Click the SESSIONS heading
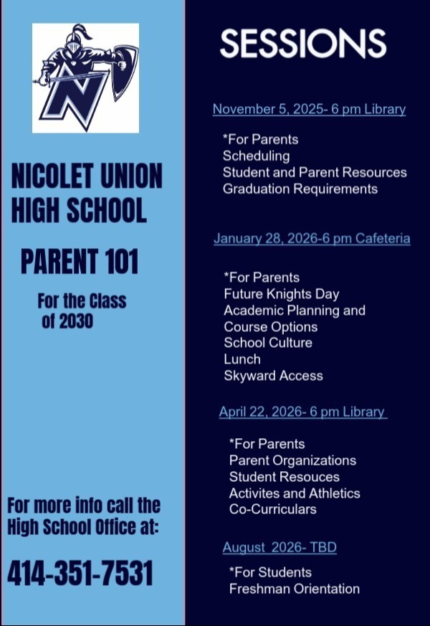302,44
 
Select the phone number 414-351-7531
80,574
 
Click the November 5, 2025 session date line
309,110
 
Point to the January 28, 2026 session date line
312,238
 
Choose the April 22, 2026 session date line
302,412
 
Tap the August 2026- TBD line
279,548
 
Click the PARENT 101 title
79,262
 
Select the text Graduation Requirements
300,189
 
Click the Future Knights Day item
281,294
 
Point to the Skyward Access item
273,376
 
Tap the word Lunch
242,359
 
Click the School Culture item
267,343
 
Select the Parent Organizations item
292,460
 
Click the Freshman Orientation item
294,589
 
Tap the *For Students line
269,572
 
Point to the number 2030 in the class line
76,321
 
